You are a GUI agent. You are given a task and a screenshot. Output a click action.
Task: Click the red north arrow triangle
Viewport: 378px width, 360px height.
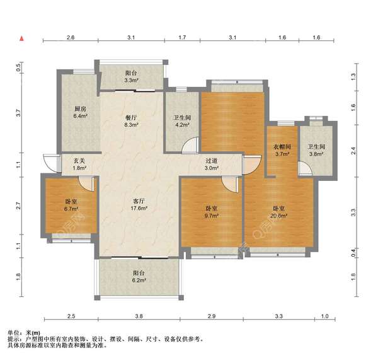click(21, 38)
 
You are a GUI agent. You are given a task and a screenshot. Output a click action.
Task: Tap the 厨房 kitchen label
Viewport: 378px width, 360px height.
click(80, 112)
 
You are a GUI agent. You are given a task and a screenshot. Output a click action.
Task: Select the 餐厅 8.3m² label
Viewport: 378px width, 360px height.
click(131, 121)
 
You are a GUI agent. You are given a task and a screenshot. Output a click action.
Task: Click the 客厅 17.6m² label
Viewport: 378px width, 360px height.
click(139, 204)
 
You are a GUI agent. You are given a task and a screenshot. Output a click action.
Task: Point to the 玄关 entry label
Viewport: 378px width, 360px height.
click(79, 165)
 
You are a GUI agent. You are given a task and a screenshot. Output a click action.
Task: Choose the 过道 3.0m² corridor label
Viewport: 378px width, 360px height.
click(212, 165)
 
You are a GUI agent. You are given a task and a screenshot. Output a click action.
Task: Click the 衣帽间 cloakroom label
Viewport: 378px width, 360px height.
click(282, 150)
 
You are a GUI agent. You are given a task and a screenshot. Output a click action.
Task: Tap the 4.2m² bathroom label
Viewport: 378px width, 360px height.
click(182, 122)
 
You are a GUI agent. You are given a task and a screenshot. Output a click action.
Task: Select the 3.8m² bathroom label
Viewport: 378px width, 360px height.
click(316, 150)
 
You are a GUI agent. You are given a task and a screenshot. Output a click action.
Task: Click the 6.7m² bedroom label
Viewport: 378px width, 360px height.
click(71, 205)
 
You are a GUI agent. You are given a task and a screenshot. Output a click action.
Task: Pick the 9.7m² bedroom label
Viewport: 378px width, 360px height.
click(212, 212)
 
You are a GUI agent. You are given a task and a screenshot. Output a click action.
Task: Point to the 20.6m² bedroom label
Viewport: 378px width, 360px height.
click(278, 212)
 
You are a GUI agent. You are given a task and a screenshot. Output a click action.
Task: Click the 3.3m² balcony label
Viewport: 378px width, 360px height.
click(131, 76)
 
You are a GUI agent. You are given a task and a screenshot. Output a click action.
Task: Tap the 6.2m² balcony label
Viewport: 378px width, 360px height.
click(139, 276)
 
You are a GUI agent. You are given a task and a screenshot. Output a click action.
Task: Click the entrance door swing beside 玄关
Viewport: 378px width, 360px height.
click(52, 163)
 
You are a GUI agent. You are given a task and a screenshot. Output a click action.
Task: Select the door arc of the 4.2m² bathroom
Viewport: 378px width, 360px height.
click(190, 145)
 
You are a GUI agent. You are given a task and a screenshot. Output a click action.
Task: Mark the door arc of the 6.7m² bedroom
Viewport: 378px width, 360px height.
click(86, 184)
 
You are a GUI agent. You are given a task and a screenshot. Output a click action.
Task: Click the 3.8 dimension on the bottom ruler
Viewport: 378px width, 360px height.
click(139, 316)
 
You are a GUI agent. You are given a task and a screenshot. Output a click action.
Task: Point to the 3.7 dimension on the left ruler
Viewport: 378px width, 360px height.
click(19, 113)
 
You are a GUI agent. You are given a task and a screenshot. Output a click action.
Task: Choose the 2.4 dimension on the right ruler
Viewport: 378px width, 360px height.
click(353, 151)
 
